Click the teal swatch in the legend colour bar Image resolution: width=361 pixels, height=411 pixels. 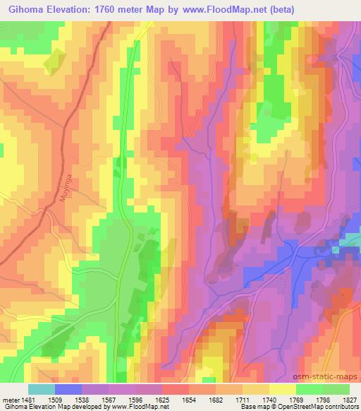click(x=41, y=388)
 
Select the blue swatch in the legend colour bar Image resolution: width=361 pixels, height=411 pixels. click(x=68, y=388)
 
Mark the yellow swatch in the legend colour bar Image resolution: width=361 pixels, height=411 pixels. click(x=283, y=388)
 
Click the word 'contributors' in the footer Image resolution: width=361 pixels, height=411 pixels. click(x=341, y=407)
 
